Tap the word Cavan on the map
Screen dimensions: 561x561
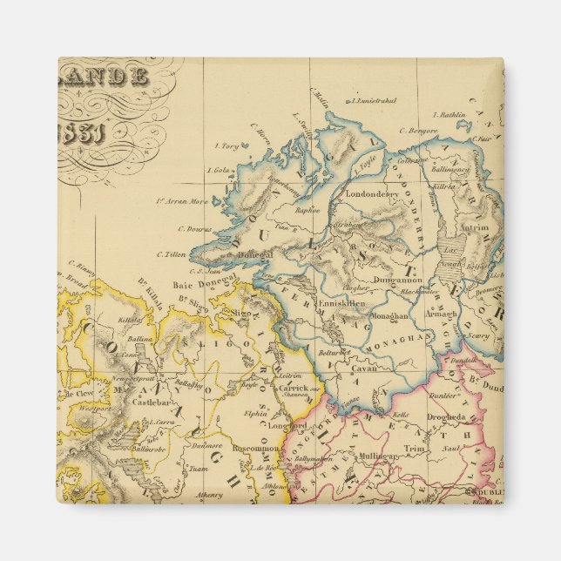pos(362,368)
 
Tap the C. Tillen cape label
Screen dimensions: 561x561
pos(172,254)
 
